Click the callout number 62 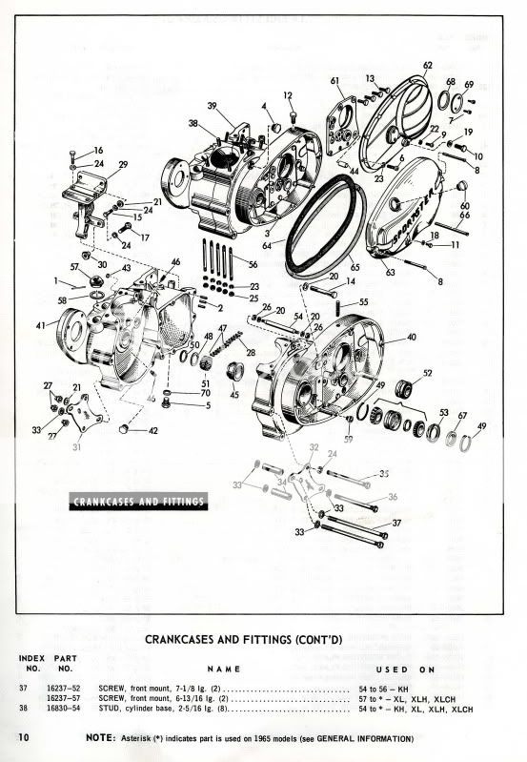pyautogui.click(x=427, y=65)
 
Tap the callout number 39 pyautogui.click(x=213, y=105)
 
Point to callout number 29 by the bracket pyautogui.click(x=123, y=165)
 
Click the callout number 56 pyautogui.click(x=253, y=263)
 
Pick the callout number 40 pyautogui.click(x=412, y=338)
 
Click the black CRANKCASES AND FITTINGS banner pyautogui.click(x=139, y=502)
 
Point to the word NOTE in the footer pyautogui.click(x=101, y=739)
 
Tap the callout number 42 pyautogui.click(x=154, y=431)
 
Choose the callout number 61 pyautogui.click(x=335, y=80)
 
